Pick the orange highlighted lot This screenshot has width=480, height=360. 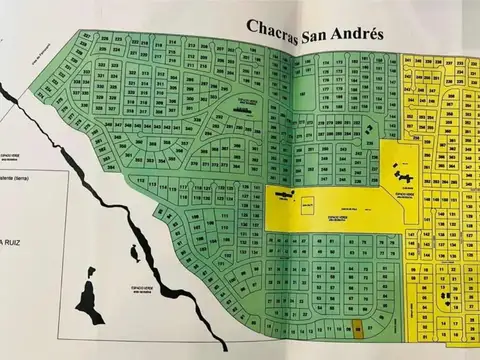[x=359, y=326]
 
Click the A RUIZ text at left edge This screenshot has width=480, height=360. [x=15, y=242]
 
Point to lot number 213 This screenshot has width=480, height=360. [x=172, y=73]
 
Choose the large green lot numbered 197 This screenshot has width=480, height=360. [x=301, y=96]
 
